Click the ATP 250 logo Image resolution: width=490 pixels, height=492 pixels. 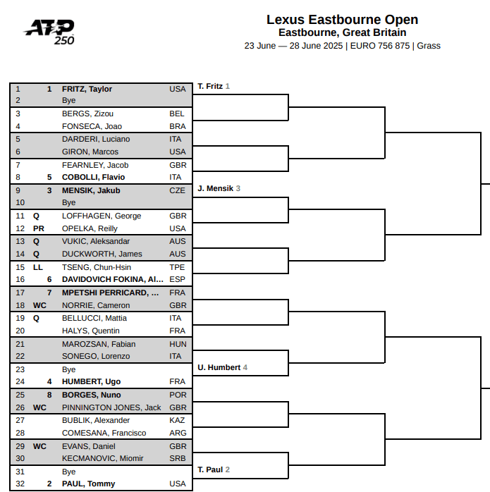(x=49, y=32)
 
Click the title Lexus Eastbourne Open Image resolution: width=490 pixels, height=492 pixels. (x=342, y=20)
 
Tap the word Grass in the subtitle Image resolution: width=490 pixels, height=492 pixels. (x=429, y=46)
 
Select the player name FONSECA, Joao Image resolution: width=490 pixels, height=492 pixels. (x=92, y=126)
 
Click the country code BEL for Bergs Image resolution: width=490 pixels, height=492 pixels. (x=177, y=113)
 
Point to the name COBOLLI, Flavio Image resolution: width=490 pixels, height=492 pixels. (x=93, y=177)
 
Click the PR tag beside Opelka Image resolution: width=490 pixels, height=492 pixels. (x=39, y=228)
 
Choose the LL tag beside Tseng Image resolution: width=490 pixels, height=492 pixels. (x=37, y=267)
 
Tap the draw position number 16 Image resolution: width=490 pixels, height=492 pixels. (x=20, y=279)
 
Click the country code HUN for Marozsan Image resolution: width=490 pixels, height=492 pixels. (x=178, y=344)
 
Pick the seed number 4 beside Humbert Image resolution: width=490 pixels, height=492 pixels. (x=49, y=381)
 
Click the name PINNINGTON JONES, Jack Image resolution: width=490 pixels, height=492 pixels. (x=111, y=407)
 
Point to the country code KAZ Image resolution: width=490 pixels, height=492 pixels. (x=178, y=420)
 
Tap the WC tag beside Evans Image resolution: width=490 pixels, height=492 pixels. (x=39, y=446)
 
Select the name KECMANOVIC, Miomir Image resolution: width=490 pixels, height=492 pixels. (x=103, y=458)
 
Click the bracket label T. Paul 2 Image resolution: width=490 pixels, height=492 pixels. (x=214, y=469)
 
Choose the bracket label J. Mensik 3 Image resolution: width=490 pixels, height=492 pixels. (x=219, y=188)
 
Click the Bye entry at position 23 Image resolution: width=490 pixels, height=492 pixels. (x=69, y=369)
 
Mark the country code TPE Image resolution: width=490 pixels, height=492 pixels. (x=177, y=267)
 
